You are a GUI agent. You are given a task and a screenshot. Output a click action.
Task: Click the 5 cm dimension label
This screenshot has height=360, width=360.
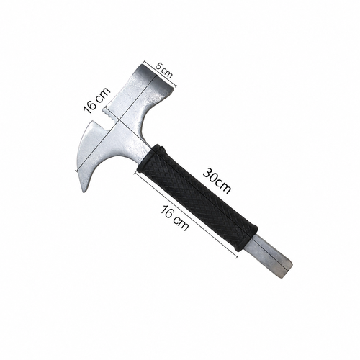click(x=164, y=71)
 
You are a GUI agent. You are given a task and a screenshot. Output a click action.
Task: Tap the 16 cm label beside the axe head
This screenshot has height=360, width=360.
click(x=96, y=100)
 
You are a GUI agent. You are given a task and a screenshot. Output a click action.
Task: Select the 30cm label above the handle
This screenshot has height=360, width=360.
click(x=217, y=181)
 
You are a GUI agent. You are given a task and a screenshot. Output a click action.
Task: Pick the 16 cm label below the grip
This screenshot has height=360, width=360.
click(x=174, y=218)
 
